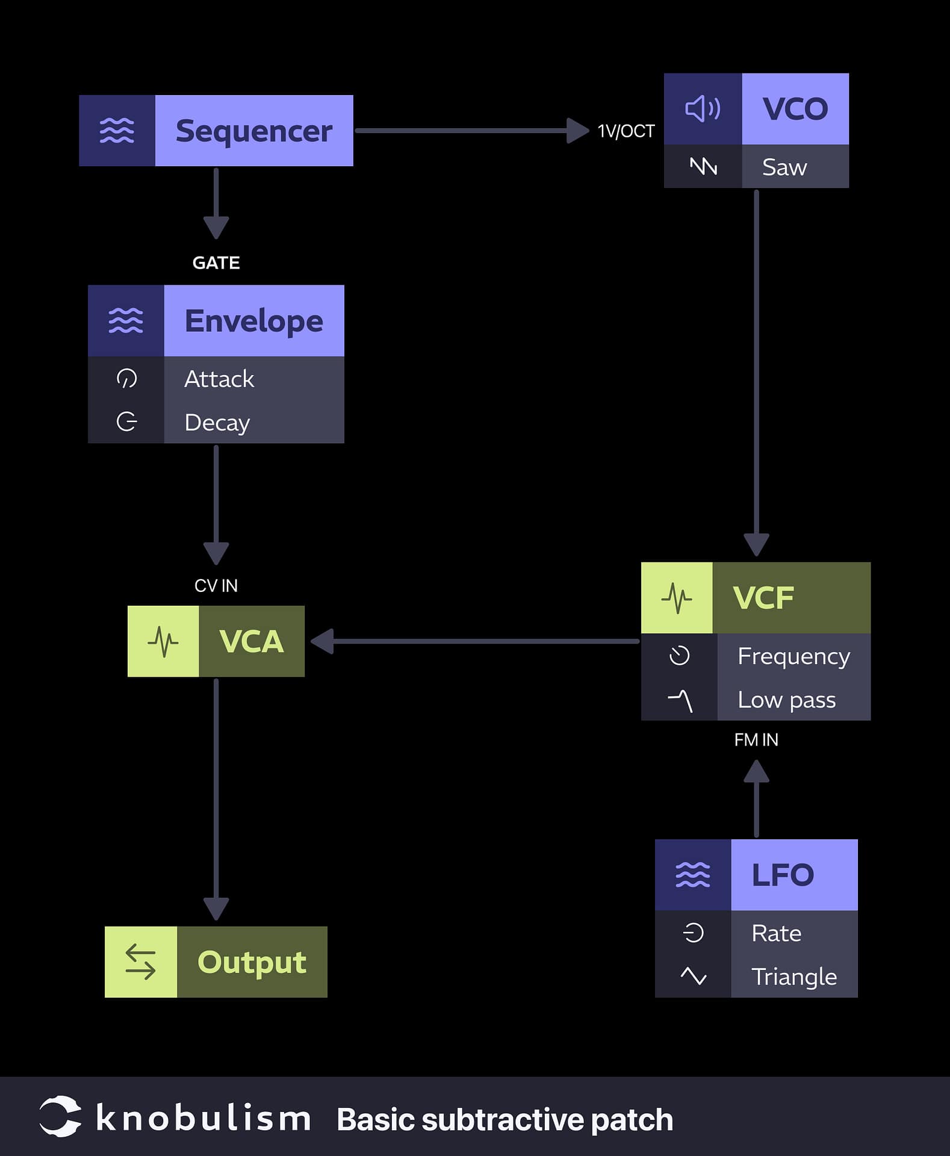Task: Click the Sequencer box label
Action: click(x=253, y=131)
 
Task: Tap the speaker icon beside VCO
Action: click(x=703, y=109)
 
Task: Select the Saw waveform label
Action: click(x=784, y=167)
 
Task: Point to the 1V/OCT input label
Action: click(x=626, y=131)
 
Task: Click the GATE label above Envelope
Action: click(x=216, y=263)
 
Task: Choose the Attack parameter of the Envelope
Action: click(x=219, y=379)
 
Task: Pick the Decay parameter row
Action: click(x=217, y=422)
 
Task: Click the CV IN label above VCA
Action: click(x=216, y=586)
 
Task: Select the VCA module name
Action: click(x=251, y=641)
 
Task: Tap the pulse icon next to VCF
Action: click(x=677, y=598)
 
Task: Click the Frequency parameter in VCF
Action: click(x=793, y=656)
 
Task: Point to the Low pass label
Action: click(x=786, y=700)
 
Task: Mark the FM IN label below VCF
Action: click(x=756, y=740)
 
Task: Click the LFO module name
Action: click(x=783, y=875)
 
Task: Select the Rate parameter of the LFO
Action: click(x=776, y=933)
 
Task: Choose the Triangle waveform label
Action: click(x=793, y=976)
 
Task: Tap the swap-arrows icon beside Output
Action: click(x=140, y=962)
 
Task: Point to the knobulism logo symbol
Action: click(x=60, y=1117)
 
